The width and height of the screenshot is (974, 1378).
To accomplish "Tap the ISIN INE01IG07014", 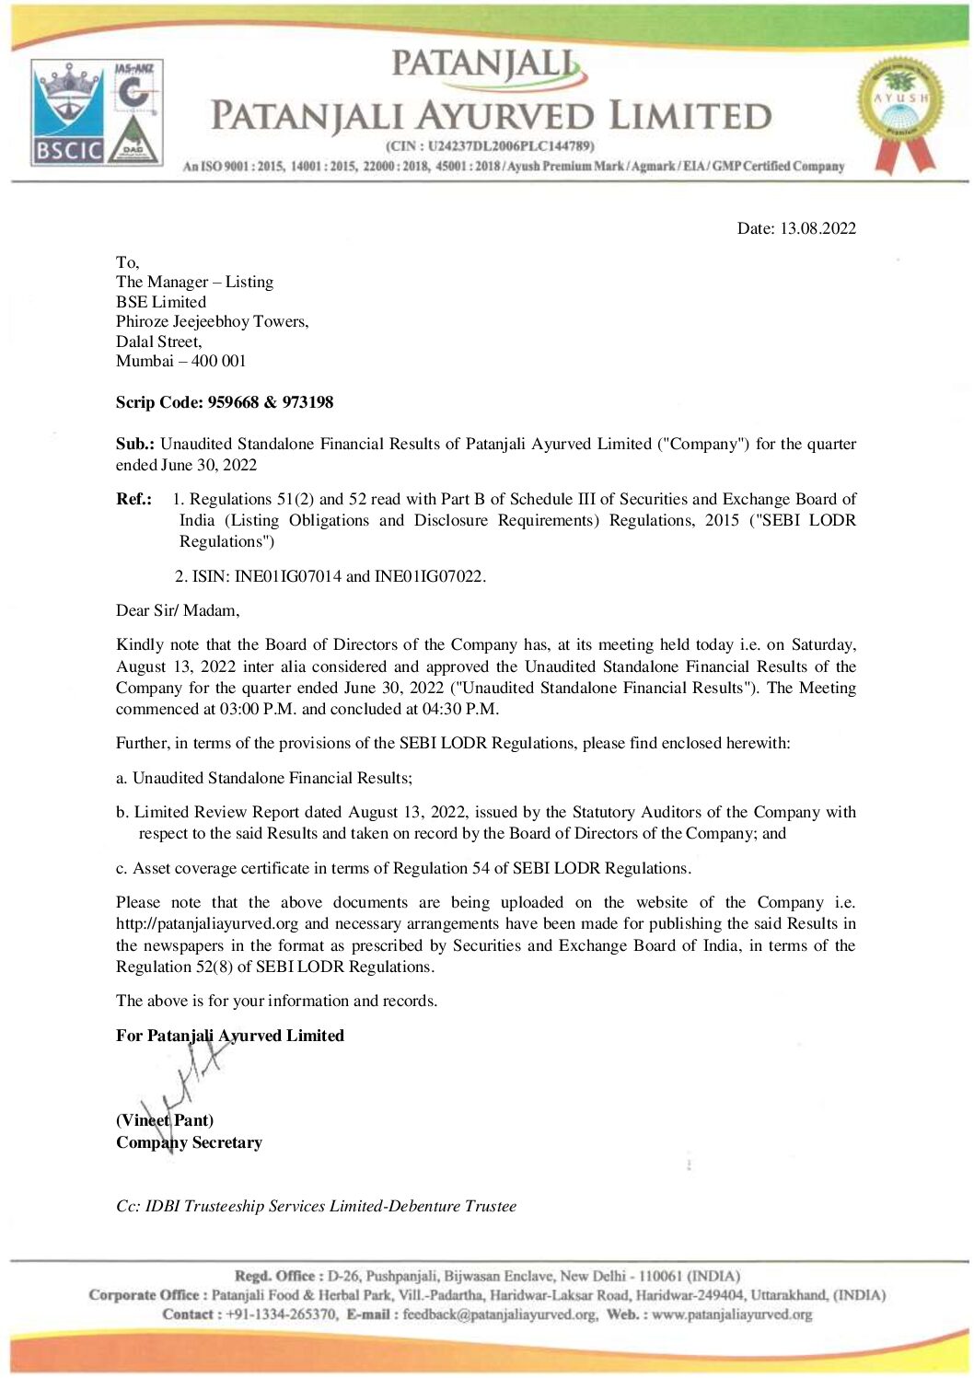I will [287, 576].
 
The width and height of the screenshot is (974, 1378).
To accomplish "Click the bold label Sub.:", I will [134, 444].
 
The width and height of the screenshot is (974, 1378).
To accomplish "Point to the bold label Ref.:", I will [133, 499].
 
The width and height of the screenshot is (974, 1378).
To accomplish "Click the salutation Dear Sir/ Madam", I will [177, 610].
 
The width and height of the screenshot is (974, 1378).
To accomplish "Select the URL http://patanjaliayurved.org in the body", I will [207, 923].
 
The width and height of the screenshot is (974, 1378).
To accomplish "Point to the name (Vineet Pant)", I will [165, 1120].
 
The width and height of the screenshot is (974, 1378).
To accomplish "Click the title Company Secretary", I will [189, 1142].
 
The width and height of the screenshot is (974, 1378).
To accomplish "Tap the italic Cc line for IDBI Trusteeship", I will [316, 1206].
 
